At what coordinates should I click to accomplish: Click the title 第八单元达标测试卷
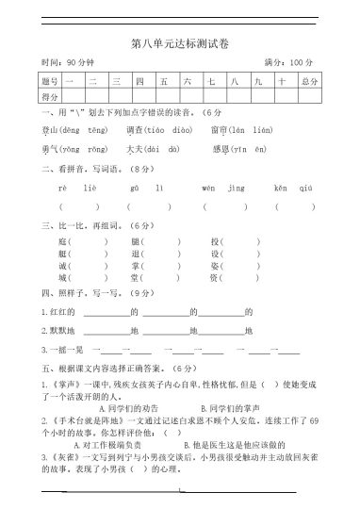[x=179, y=43]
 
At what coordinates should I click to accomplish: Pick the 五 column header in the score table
[x=164, y=82]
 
